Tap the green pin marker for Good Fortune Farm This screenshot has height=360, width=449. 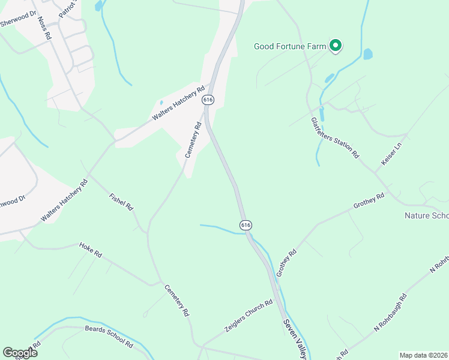click(336, 46)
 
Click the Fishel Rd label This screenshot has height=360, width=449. click(121, 202)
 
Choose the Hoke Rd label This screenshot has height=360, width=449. click(91, 250)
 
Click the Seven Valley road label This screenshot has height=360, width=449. click(294, 336)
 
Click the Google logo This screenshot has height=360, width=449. click(20, 352)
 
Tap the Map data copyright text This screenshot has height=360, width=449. click(423, 355)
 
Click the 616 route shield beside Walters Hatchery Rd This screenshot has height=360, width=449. click(208, 99)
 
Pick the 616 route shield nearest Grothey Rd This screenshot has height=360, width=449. click(246, 224)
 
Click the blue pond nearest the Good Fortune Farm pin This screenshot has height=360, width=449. click(367, 54)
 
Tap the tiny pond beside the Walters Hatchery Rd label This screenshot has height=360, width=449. click(160, 102)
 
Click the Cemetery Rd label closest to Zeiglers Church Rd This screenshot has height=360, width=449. click(178, 300)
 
